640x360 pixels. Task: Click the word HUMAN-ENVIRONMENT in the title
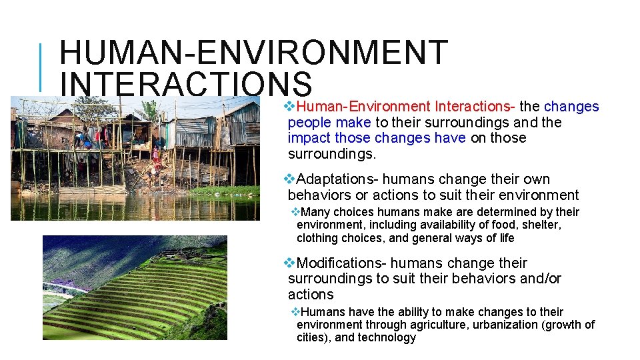pos(253,53)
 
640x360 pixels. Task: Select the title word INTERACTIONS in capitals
pos(187,85)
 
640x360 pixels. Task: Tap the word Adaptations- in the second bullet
pos(337,179)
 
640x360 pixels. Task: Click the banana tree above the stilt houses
pos(150,109)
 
